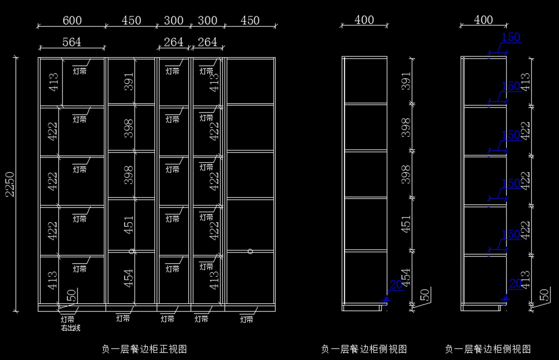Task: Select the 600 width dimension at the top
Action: (x=72, y=20)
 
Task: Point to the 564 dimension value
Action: (x=72, y=42)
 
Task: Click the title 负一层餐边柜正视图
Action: (x=144, y=348)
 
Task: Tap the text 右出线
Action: (x=70, y=328)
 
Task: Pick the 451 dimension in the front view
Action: (x=129, y=224)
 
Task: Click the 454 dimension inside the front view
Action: (x=129, y=277)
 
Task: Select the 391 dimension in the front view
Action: (x=129, y=81)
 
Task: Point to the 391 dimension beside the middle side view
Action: (x=406, y=81)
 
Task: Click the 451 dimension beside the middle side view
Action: (x=406, y=224)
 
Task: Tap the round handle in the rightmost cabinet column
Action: (x=251, y=251)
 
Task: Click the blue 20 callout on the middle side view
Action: (x=396, y=285)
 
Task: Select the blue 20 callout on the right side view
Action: (x=516, y=283)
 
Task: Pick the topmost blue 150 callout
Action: (x=511, y=37)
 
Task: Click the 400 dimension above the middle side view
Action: (x=364, y=20)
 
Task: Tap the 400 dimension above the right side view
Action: (x=484, y=20)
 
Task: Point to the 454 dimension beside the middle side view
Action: (x=406, y=278)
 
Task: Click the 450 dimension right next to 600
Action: (x=131, y=20)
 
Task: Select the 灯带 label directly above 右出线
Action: (x=68, y=320)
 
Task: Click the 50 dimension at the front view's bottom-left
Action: (x=72, y=295)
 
